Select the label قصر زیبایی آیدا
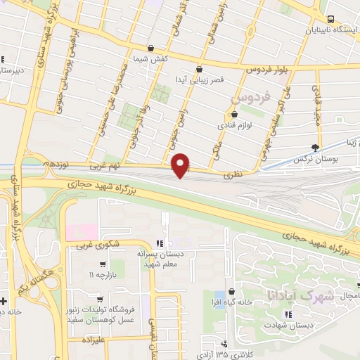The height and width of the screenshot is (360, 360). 202,80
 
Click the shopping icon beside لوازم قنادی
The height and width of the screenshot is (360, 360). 235,115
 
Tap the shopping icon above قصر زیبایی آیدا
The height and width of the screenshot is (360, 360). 200,70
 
